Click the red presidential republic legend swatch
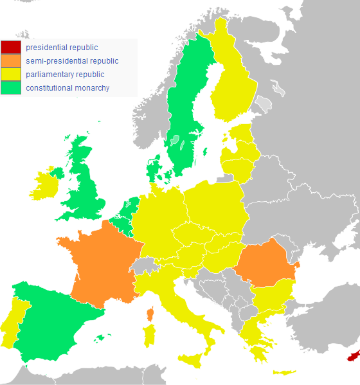click(x=11, y=47)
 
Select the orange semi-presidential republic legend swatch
click(x=11, y=61)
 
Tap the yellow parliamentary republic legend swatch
click(x=11, y=75)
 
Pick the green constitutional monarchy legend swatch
click(x=11, y=88)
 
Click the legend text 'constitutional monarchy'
click(x=67, y=88)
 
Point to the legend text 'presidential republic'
click(x=62, y=47)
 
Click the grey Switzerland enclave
click(x=148, y=265)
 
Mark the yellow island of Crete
click(x=283, y=373)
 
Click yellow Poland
click(x=215, y=206)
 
